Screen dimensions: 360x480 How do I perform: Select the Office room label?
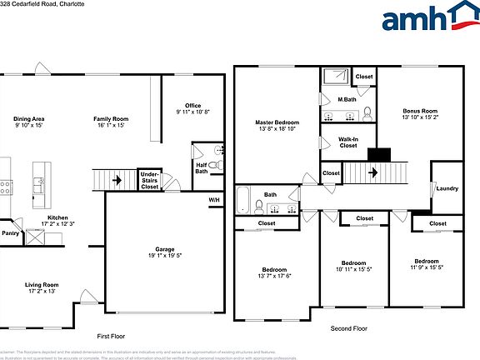pyautogui.click(x=192, y=106)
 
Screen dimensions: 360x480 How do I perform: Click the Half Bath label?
pyautogui.click(x=201, y=167)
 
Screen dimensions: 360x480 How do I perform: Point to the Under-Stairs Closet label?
pyautogui.click(x=149, y=180)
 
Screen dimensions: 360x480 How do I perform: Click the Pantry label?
pyautogui.click(x=10, y=233)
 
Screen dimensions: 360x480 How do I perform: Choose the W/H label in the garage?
pyautogui.click(x=214, y=200)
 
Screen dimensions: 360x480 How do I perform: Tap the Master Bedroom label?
pyautogui.click(x=277, y=122)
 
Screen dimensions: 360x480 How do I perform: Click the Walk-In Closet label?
pyautogui.click(x=348, y=142)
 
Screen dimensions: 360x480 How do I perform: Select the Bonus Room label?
pyautogui.click(x=420, y=111)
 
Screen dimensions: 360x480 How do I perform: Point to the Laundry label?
pyautogui.click(x=447, y=188)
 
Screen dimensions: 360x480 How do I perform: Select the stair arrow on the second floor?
pyautogui.click(x=372, y=173)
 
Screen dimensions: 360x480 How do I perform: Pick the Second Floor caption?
pyautogui.click(x=348, y=328)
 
